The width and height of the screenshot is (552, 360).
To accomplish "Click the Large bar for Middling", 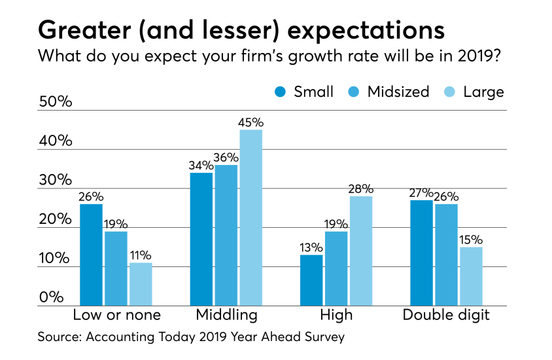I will (x=250, y=217).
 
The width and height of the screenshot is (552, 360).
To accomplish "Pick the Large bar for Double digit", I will (x=471, y=276).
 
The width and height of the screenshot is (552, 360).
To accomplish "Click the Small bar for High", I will (x=311, y=280).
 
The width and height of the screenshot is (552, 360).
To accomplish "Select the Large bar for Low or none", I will (x=140, y=284).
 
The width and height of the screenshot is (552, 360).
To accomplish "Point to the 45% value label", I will (x=250, y=122).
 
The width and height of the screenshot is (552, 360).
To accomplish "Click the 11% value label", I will (x=140, y=255).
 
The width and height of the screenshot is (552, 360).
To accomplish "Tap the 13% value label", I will (x=311, y=247).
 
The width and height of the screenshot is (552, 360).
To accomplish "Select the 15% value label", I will (x=471, y=240).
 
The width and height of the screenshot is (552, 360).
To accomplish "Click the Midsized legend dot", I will (x=356, y=92).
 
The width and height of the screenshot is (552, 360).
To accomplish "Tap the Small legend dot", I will (x=281, y=92).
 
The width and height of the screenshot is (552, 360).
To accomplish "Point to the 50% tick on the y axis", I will (x=56, y=102).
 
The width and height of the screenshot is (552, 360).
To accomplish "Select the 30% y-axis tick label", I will (x=56, y=180).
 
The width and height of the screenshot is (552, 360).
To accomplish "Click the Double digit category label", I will (x=446, y=315).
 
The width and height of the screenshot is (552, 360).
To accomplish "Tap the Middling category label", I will (x=227, y=315).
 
